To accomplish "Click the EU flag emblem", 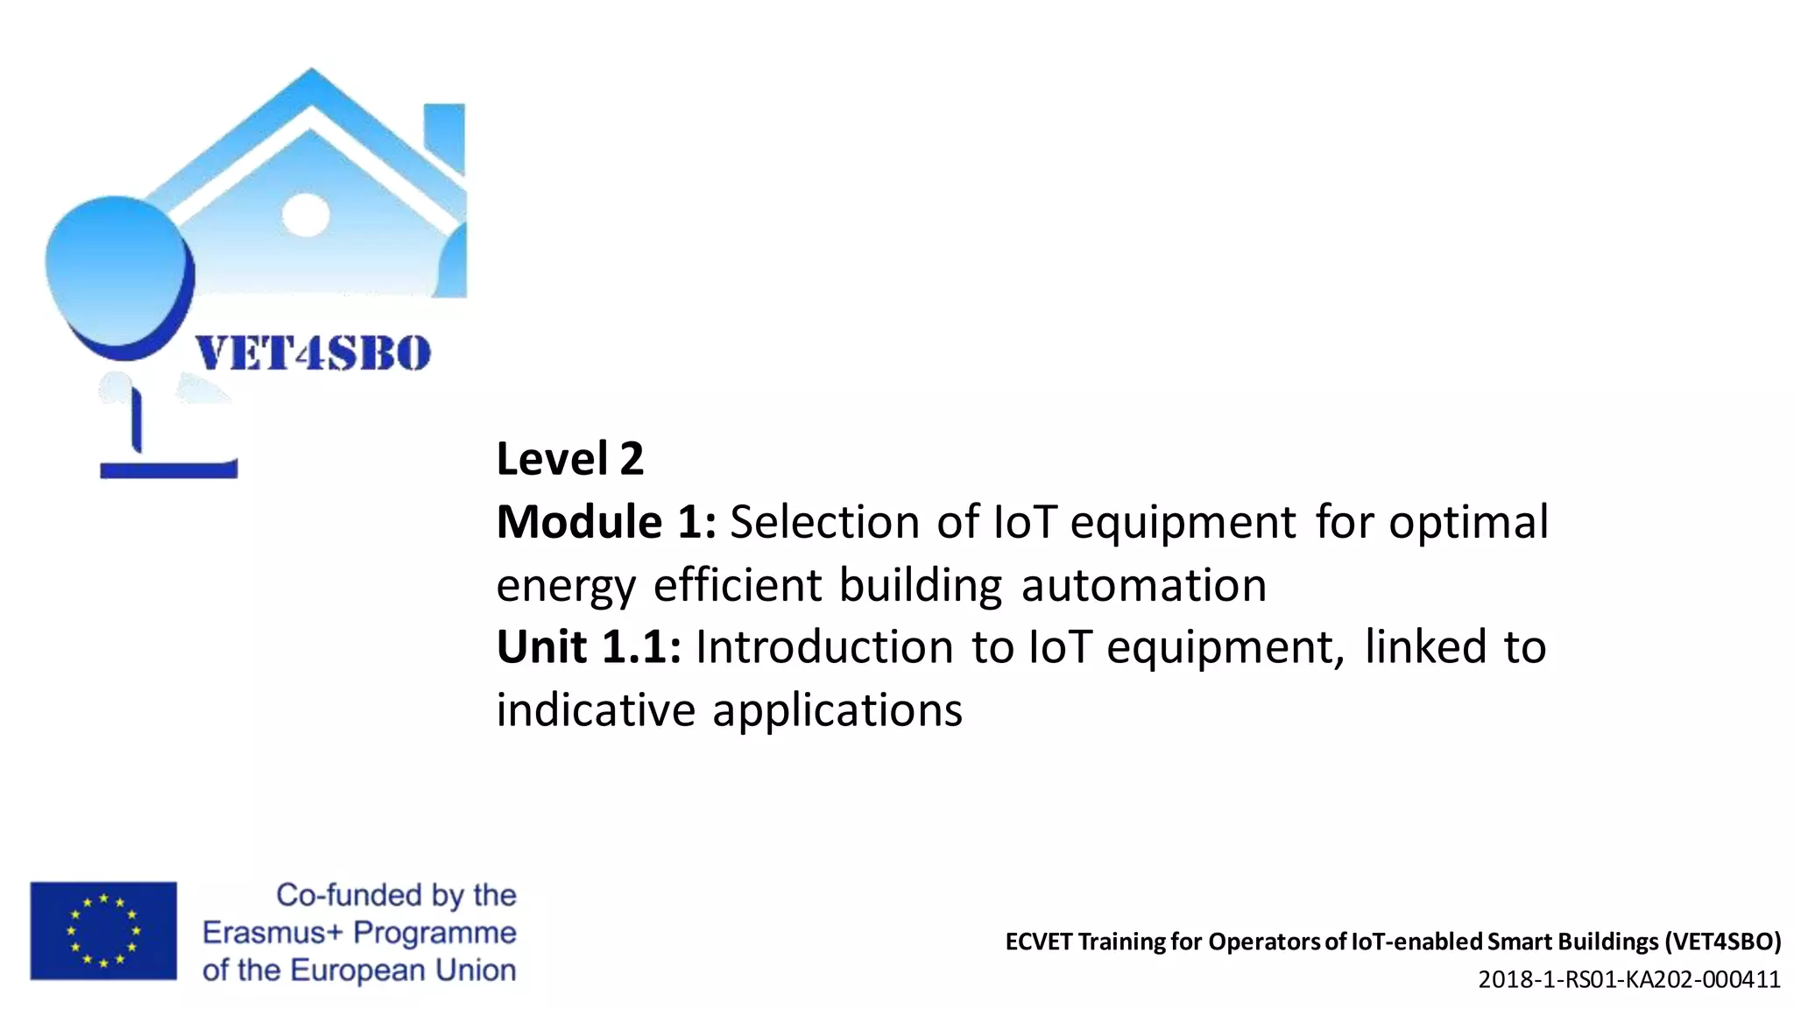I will click(103, 930).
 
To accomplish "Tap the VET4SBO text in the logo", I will click(313, 354).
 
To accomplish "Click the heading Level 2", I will click(569, 459).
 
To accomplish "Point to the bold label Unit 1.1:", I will click(589, 647).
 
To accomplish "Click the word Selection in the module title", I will click(824, 522).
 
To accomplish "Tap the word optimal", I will click(1468, 522).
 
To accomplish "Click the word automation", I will click(1144, 585).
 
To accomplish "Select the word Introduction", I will click(824, 647).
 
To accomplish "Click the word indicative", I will click(596, 709).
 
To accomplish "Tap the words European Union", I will click(403, 970).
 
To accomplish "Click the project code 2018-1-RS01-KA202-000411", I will click(1629, 979).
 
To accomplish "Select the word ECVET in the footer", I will click(1039, 942).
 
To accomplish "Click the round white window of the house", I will click(306, 214).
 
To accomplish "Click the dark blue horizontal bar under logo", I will click(168, 469).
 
